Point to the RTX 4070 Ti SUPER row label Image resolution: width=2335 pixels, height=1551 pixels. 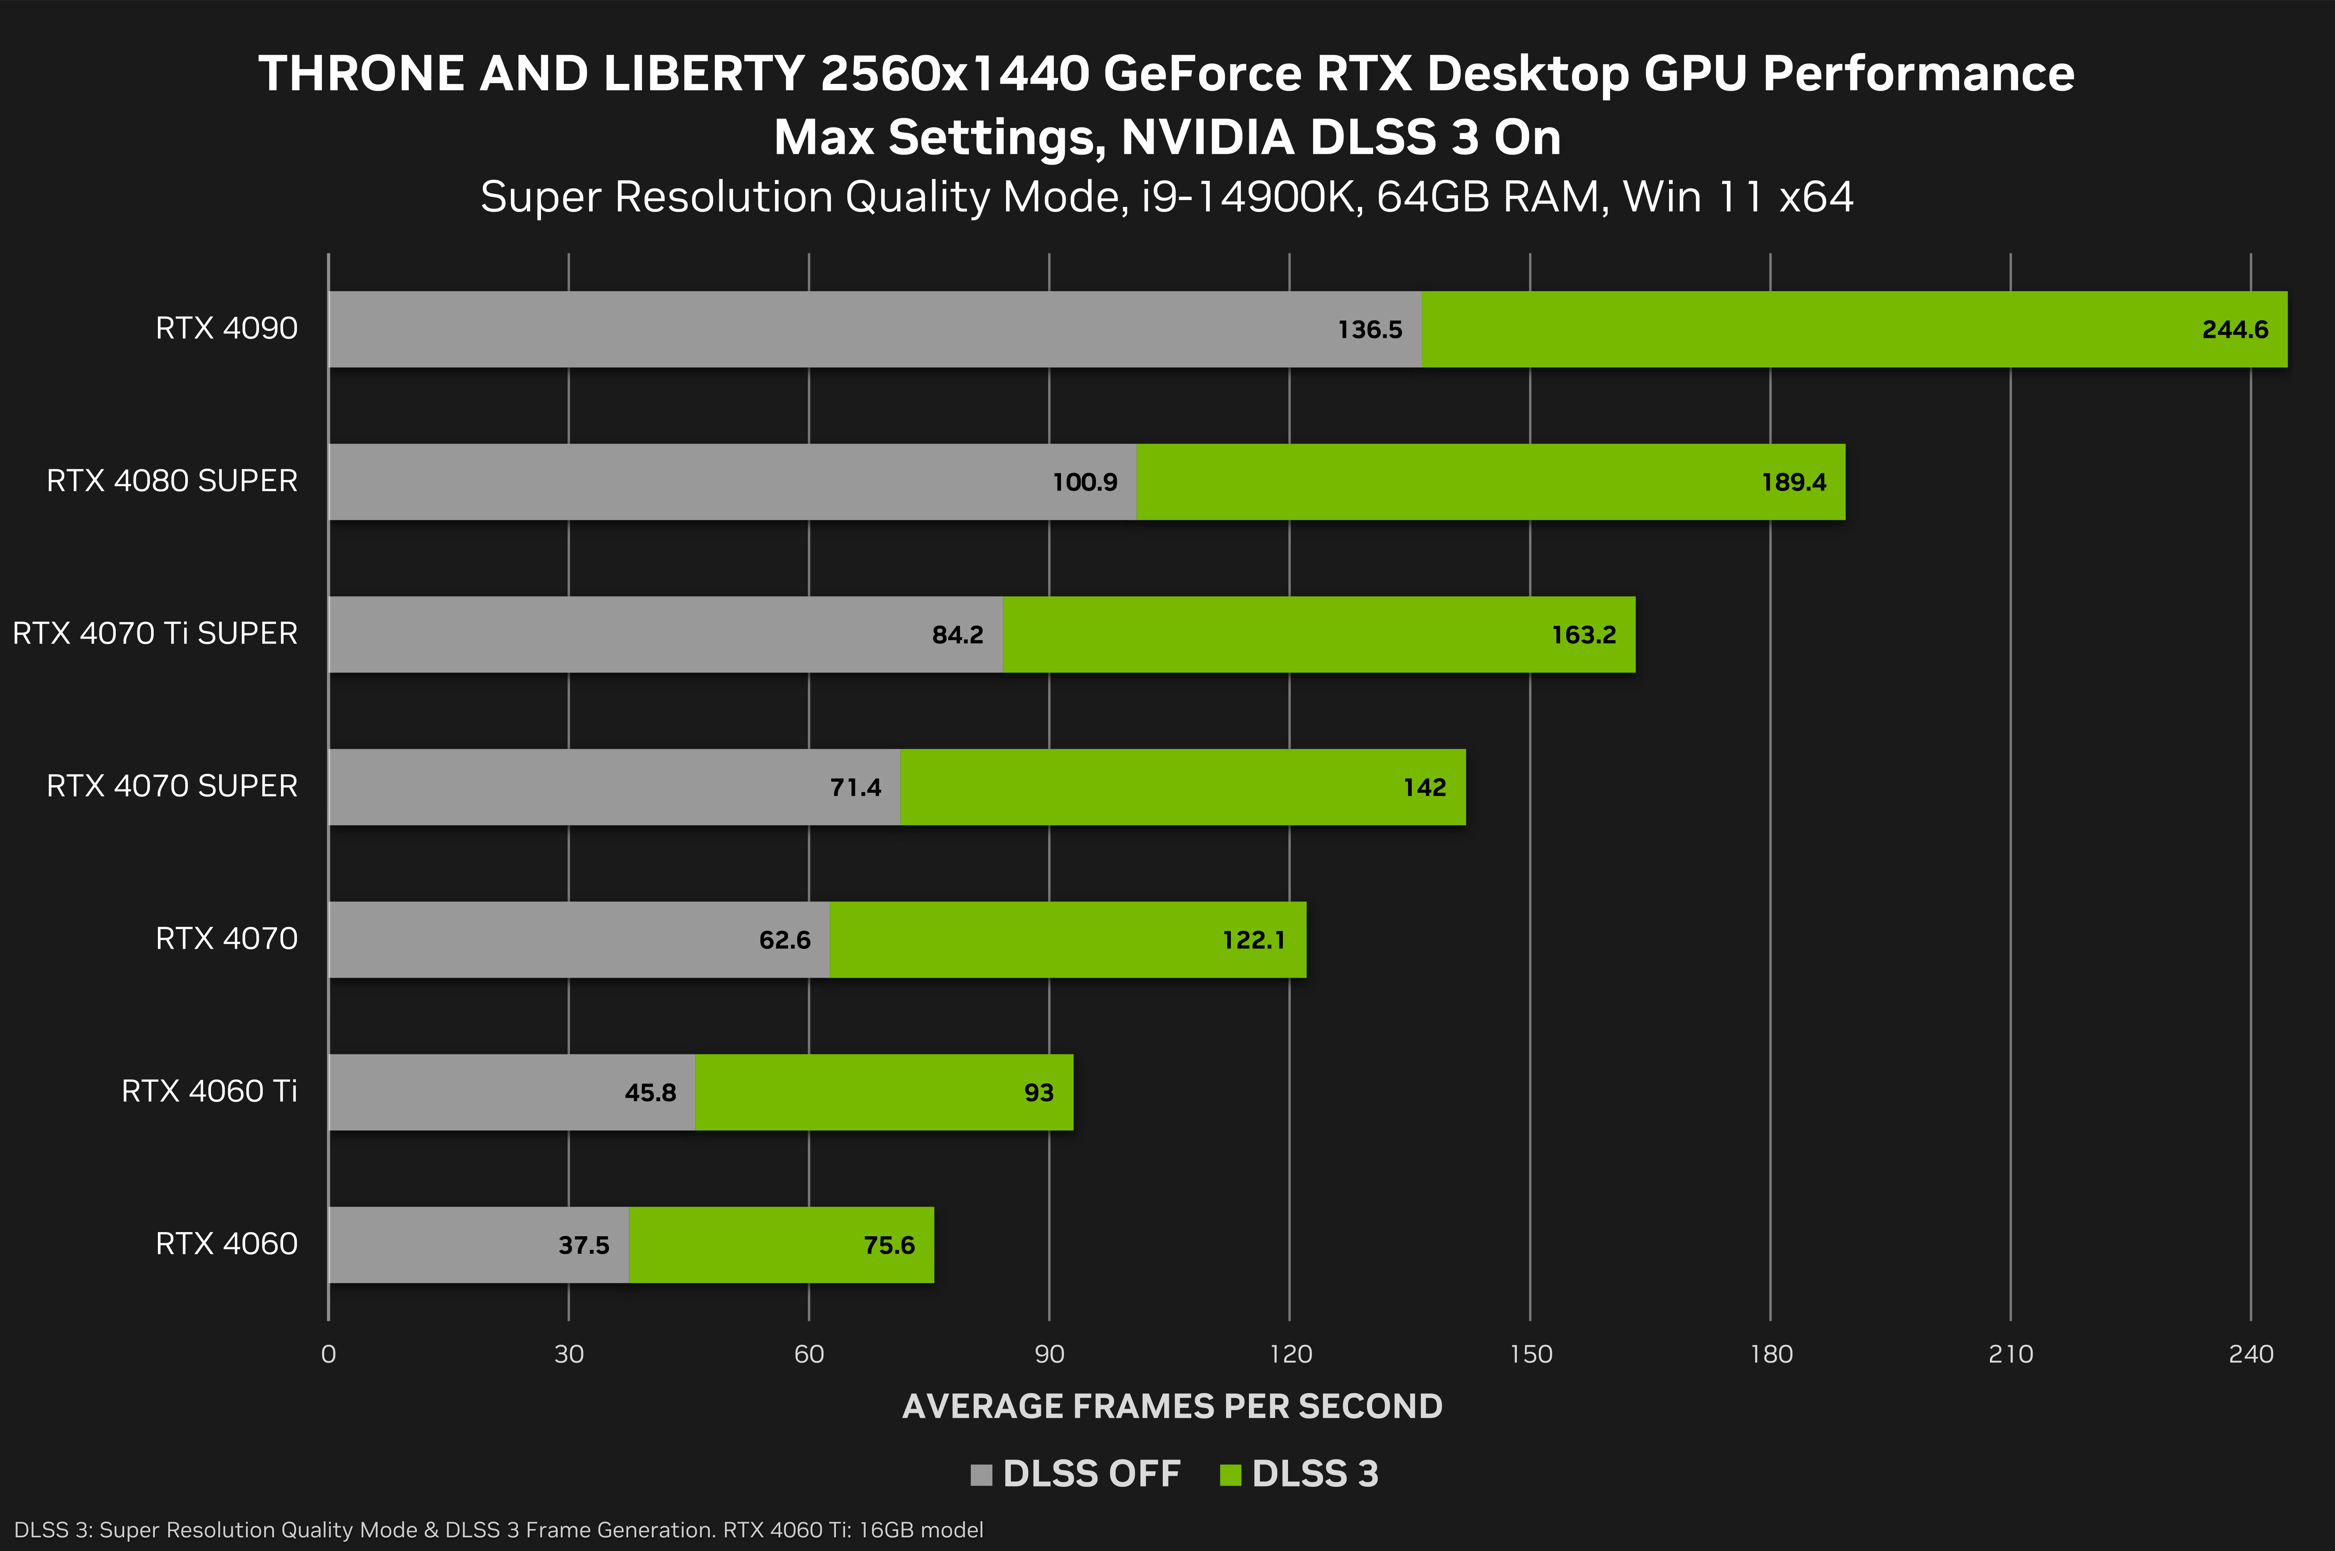tap(155, 633)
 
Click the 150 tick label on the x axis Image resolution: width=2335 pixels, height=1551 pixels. tap(1530, 1354)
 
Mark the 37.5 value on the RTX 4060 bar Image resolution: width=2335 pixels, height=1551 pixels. tap(583, 1245)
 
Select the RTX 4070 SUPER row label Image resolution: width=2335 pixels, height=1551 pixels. tap(172, 786)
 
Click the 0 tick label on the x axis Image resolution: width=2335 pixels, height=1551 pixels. tap(328, 1354)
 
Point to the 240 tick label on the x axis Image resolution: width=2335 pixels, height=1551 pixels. tap(2251, 1354)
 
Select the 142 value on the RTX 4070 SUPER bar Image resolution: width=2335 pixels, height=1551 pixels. tap(1424, 787)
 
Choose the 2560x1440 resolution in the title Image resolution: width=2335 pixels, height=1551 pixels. tap(954, 74)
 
